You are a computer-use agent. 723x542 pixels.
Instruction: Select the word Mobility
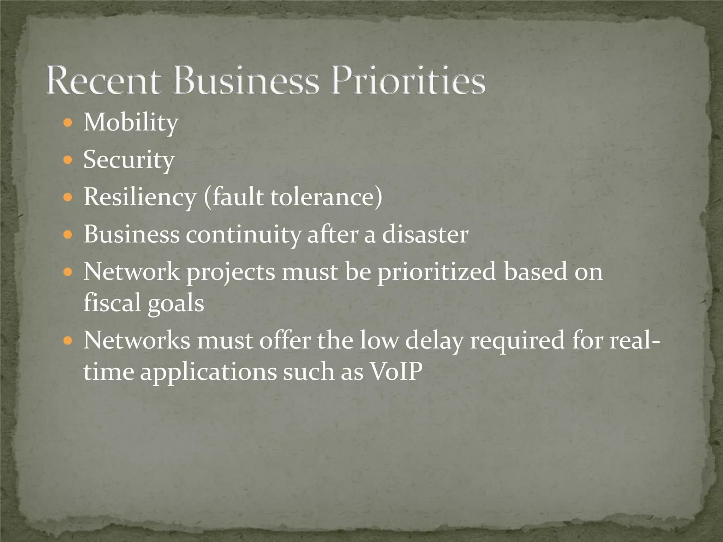pyautogui.click(x=131, y=122)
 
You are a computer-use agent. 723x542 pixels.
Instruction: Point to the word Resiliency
pyautogui.click(x=140, y=197)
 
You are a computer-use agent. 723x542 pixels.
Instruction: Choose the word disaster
pyautogui.click(x=425, y=234)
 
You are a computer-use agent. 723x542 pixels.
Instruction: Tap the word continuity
pyautogui.click(x=243, y=234)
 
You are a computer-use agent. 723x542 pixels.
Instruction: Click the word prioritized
pyautogui.click(x=437, y=272)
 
